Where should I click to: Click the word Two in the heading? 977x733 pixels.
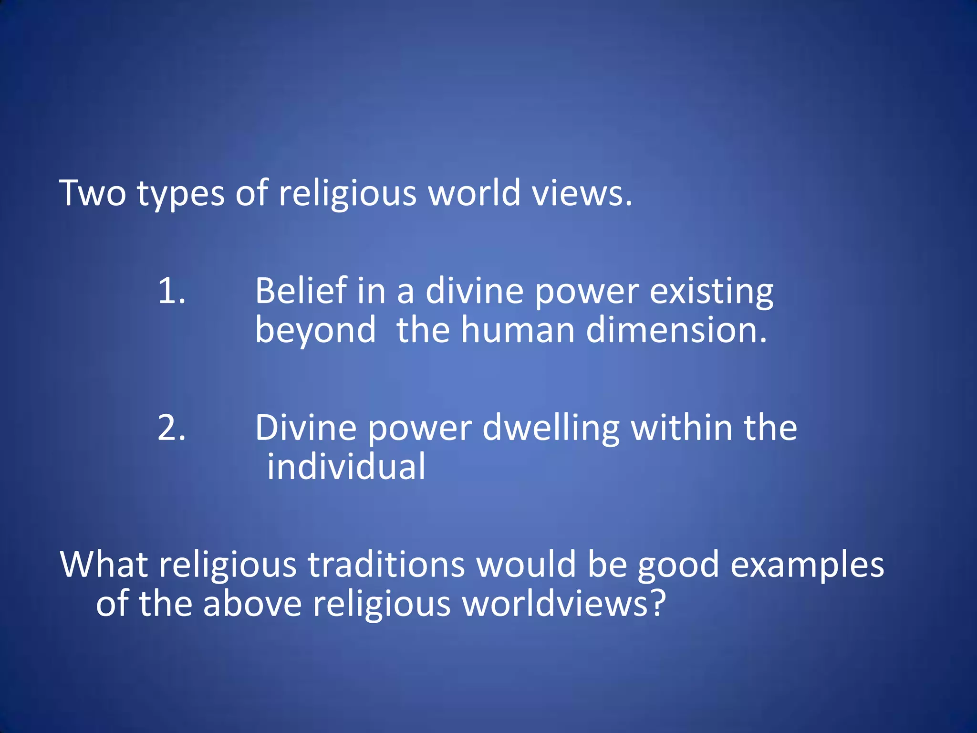(93, 193)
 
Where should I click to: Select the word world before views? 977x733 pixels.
(474, 193)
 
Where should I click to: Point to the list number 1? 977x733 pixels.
(171, 291)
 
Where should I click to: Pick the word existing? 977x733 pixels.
(711, 292)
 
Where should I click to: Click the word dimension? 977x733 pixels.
(676, 330)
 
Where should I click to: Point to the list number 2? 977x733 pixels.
(171, 428)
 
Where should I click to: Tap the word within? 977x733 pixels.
(682, 428)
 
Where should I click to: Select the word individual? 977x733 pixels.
(346, 467)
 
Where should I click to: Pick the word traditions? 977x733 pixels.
(386, 565)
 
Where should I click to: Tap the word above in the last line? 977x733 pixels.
(252, 604)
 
